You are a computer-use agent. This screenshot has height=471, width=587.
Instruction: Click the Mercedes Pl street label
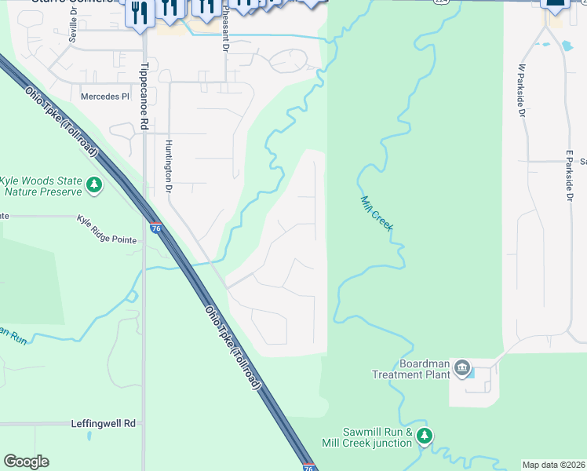(104, 97)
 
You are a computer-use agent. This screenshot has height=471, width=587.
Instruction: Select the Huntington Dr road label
(168, 167)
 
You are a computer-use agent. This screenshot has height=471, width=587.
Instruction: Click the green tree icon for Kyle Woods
(94, 185)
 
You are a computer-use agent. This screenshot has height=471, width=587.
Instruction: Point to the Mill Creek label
(376, 213)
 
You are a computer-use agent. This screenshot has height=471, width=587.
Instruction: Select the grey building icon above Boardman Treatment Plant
(461, 368)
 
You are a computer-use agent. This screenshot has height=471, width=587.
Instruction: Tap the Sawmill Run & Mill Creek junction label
(377, 437)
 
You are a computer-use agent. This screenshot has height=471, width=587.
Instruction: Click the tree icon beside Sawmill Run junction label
(425, 436)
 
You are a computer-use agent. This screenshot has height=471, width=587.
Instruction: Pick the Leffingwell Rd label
(103, 423)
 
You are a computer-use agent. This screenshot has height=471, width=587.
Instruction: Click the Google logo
(26, 461)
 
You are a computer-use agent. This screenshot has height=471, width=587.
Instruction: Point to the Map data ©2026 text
(552, 465)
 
